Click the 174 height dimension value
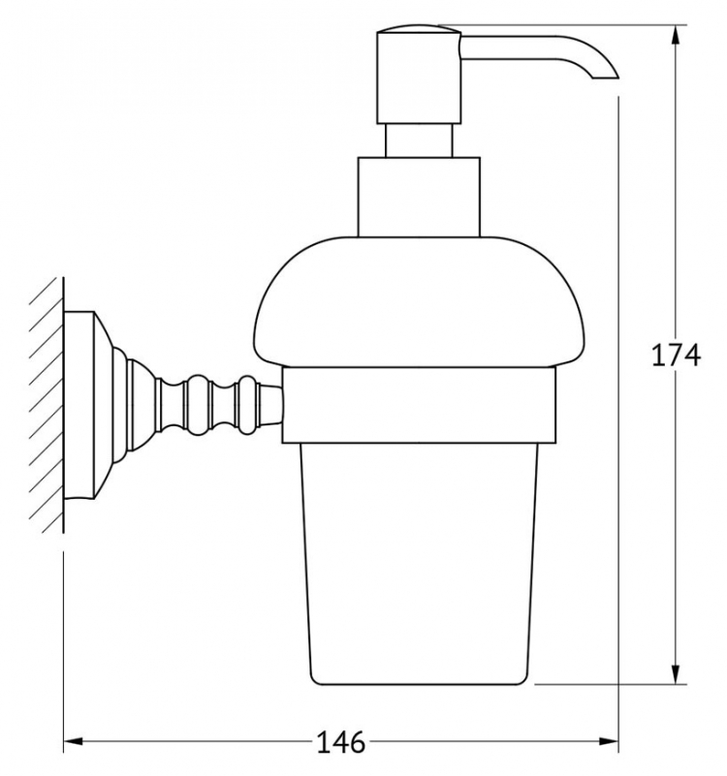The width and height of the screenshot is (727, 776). [x=676, y=355]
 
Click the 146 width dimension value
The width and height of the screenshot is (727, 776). [x=340, y=741]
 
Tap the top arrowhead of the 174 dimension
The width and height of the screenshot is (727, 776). [x=676, y=36]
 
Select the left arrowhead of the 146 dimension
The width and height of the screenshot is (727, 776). [x=74, y=741]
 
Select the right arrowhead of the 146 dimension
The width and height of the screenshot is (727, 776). [x=609, y=741]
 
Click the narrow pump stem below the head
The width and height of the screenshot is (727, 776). [x=419, y=140]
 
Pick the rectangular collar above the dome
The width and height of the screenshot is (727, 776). [x=419, y=197]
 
